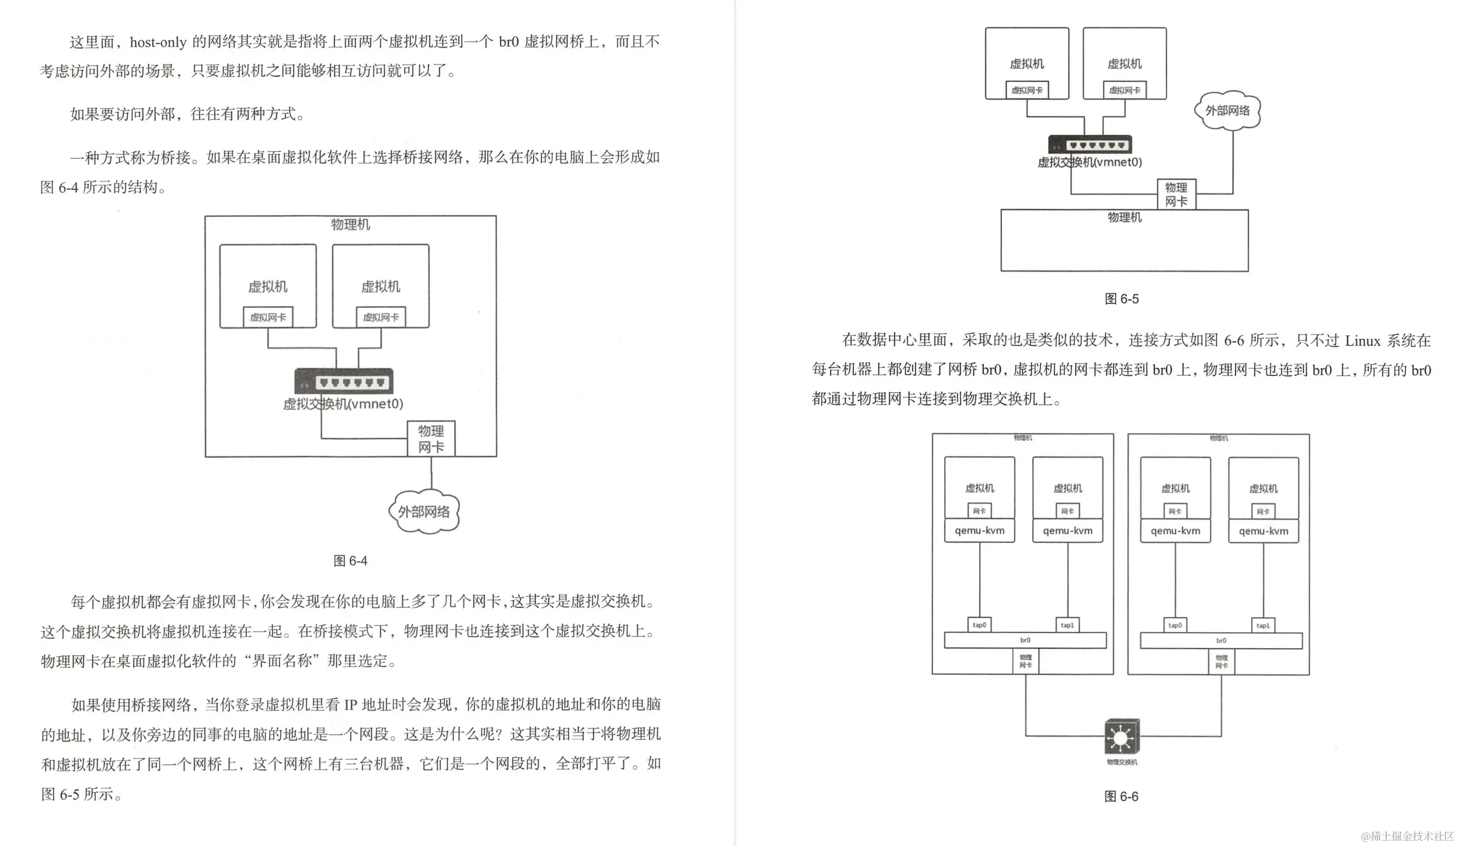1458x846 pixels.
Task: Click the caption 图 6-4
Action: coord(350,561)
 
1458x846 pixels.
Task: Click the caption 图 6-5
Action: coord(1121,299)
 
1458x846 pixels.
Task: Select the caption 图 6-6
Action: coord(1121,796)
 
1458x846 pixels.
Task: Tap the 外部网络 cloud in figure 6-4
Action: coord(424,512)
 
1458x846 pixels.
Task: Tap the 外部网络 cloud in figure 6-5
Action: coord(1227,110)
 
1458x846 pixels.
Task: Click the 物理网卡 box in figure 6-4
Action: coord(431,439)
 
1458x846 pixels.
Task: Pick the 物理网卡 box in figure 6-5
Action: coord(1176,194)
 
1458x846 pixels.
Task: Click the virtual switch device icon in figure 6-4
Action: coord(344,381)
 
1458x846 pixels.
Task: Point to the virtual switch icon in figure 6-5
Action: coord(1090,145)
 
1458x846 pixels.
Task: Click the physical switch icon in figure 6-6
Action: coord(1122,737)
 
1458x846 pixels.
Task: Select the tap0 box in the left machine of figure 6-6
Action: coord(979,625)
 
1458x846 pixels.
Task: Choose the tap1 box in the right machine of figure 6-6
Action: coord(1262,625)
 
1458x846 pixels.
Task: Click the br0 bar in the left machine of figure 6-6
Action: coord(1025,640)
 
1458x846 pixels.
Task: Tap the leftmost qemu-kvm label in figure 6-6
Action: coord(979,531)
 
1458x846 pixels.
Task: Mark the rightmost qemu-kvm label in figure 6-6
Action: coord(1263,531)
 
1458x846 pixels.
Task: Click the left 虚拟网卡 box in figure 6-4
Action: coord(268,318)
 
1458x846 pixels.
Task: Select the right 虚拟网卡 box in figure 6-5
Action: coord(1125,90)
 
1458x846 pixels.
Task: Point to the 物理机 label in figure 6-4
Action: coord(350,225)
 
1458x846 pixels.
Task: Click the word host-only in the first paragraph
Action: coord(158,42)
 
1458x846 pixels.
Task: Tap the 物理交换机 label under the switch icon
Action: coord(1122,762)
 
